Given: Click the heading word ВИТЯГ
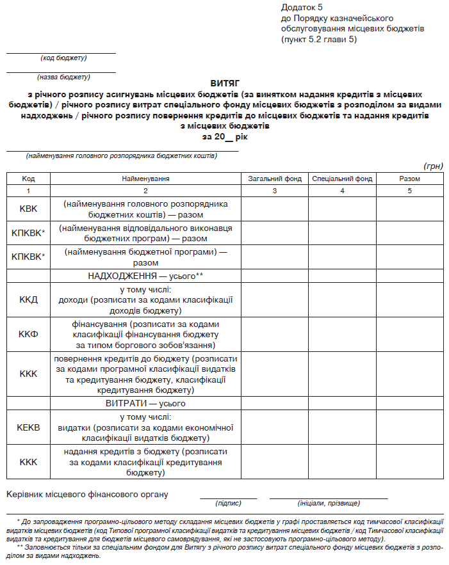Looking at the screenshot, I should coord(224,83).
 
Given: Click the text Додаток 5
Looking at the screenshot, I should coord(302,7).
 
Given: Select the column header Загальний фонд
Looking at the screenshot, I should coord(274,179).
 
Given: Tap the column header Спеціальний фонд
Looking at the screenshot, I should coord(342,179).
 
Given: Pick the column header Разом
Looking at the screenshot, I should coord(409,179).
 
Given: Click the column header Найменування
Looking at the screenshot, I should coord(145,179).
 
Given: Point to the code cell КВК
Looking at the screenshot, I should coord(29,209).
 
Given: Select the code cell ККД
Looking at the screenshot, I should coord(29,299).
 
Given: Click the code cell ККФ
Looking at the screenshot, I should coord(29,334).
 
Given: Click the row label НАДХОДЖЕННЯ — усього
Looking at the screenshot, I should coord(145,276).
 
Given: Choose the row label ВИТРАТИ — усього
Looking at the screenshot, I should coord(145,404).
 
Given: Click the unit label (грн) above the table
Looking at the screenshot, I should coord(433,166).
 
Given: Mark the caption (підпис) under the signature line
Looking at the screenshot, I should coord(228,504).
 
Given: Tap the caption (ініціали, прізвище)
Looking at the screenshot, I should coord(329,504).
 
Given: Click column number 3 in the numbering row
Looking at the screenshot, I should coord(274,191).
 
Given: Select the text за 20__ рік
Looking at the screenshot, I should coord(224,136).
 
